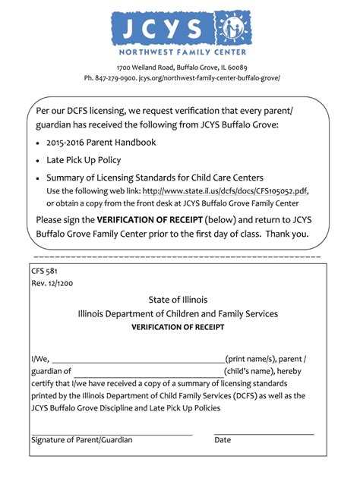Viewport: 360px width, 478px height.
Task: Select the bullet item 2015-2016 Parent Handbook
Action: point(101,142)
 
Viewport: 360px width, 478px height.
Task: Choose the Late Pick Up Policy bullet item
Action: point(84,160)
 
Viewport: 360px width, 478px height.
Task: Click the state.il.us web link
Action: point(226,190)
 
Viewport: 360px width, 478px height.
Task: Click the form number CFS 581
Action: point(45,271)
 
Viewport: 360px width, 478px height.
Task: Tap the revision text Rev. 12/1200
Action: point(52,283)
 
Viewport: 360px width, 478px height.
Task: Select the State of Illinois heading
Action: point(178,300)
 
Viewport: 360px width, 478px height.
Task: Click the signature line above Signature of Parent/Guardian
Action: point(112,433)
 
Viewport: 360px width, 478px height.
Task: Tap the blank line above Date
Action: point(264,433)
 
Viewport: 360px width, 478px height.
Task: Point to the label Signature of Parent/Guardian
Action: point(81,440)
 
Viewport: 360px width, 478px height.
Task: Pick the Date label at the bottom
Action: point(223,440)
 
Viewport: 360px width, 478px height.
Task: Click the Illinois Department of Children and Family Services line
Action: point(178,313)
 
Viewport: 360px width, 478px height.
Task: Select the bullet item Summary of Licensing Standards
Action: point(154,178)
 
